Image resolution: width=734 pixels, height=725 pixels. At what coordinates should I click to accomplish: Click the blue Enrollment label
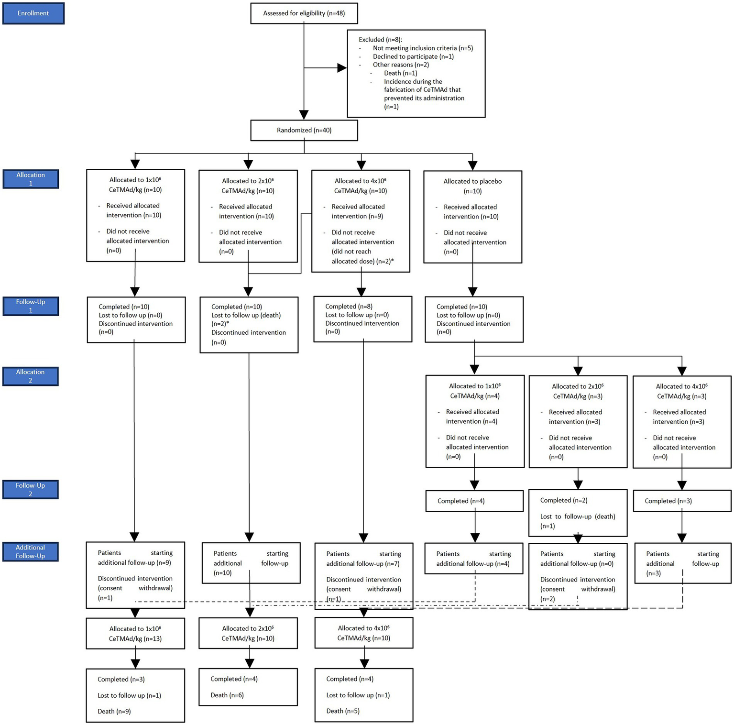click(33, 13)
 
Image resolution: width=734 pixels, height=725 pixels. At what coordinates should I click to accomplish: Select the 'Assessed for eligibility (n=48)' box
click(304, 13)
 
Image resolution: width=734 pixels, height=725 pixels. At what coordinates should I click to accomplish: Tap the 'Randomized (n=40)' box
click(304, 130)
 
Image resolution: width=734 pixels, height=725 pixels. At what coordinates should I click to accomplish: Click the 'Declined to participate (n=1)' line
click(413, 56)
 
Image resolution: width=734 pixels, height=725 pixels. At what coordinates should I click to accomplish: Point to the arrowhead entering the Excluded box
click(342, 68)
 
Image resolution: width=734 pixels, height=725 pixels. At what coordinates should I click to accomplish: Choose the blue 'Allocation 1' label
click(31, 179)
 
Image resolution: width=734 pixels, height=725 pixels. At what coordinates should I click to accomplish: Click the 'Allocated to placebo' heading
click(472, 181)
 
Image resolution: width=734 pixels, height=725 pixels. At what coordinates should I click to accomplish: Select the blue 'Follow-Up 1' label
click(31, 306)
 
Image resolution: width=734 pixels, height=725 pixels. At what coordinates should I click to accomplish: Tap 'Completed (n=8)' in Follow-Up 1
click(349, 307)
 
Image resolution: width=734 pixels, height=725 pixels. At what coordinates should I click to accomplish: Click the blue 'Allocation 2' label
click(30, 376)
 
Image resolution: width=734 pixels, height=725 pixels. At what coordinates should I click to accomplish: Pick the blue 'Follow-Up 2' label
click(30, 489)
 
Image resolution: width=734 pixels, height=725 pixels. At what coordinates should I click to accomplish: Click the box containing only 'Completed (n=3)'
click(682, 501)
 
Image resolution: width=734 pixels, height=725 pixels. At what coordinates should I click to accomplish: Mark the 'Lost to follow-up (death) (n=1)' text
click(577, 521)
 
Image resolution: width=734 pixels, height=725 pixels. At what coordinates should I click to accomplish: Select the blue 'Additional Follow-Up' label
click(30, 551)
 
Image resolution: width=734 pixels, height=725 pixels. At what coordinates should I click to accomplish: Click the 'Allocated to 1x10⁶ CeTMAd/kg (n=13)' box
click(135, 634)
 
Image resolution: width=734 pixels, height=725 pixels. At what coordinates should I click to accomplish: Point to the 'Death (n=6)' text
click(227, 695)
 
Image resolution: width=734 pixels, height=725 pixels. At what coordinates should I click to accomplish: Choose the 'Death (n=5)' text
click(343, 711)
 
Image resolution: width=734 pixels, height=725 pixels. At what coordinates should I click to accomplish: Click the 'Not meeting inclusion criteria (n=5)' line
click(423, 48)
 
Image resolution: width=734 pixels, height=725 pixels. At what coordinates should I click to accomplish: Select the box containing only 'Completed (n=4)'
click(474, 501)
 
